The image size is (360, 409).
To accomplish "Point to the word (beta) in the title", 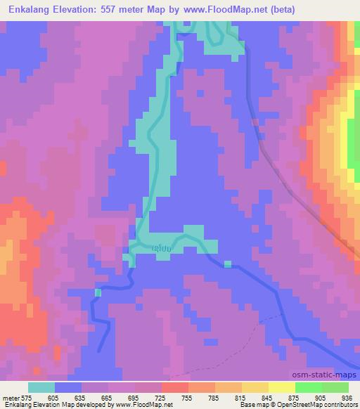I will tap(280, 10).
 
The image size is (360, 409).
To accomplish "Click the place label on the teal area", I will tap(162, 247).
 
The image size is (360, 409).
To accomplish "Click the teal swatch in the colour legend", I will tap(41, 387).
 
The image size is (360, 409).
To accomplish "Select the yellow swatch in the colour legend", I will tap(282, 387).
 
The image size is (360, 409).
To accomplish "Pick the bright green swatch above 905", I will tap(309, 387).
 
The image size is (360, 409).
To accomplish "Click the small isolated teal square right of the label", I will tap(228, 264).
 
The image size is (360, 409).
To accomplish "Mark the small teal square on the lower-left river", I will tap(98, 292).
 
